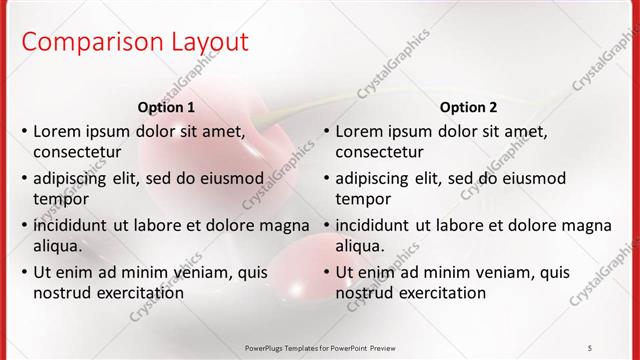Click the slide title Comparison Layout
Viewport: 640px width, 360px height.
click(x=135, y=42)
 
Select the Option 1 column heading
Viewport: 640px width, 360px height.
click(x=167, y=107)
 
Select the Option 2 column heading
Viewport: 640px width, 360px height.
click(x=469, y=107)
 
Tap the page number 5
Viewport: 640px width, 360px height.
click(x=590, y=347)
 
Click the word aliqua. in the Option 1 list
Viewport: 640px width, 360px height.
click(x=58, y=246)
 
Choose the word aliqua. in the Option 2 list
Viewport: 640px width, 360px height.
click(x=360, y=246)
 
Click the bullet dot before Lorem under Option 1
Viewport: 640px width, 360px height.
click(x=24, y=131)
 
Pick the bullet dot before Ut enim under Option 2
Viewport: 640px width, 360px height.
click(x=326, y=272)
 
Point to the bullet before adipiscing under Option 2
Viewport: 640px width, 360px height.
click(x=326, y=179)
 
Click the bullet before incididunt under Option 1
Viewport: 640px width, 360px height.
click(x=24, y=225)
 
